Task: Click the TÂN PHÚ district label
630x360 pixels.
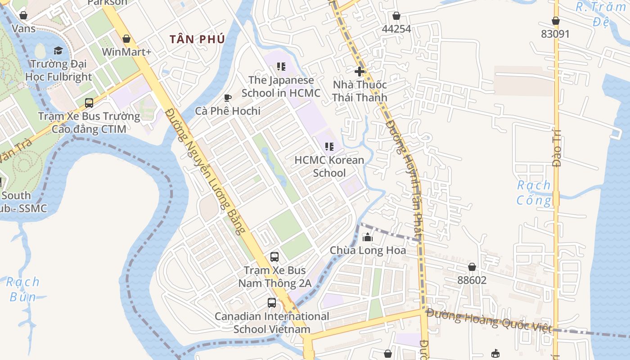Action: click(x=197, y=39)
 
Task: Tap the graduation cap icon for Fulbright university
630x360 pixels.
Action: click(x=58, y=50)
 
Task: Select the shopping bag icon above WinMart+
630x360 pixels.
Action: click(x=126, y=39)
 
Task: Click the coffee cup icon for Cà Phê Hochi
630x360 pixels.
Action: click(x=228, y=98)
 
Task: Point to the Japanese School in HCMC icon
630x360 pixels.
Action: click(x=281, y=67)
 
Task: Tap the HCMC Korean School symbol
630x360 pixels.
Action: click(x=329, y=147)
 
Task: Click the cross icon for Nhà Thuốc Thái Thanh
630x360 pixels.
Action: click(x=360, y=71)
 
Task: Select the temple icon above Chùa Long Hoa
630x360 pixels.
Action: click(x=368, y=237)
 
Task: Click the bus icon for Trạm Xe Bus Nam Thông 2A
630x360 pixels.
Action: click(x=274, y=257)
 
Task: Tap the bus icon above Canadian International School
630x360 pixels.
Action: click(x=272, y=303)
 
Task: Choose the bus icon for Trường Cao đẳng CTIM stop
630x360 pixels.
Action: click(x=89, y=103)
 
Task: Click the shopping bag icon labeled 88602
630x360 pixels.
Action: click(x=472, y=267)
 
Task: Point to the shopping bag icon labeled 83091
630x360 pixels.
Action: click(x=556, y=21)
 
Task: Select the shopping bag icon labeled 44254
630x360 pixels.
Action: click(x=396, y=16)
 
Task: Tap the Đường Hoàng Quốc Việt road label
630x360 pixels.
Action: click(x=489, y=320)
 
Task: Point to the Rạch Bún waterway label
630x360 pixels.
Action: click(x=23, y=289)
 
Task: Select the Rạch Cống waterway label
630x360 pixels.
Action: click(x=534, y=193)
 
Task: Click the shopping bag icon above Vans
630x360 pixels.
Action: click(x=23, y=15)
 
